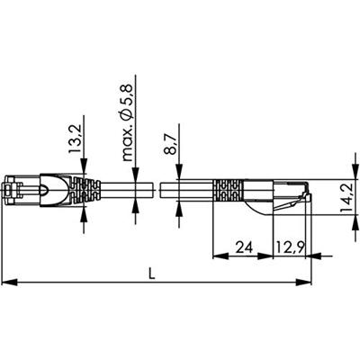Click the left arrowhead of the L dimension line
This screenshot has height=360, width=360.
(8, 283)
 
